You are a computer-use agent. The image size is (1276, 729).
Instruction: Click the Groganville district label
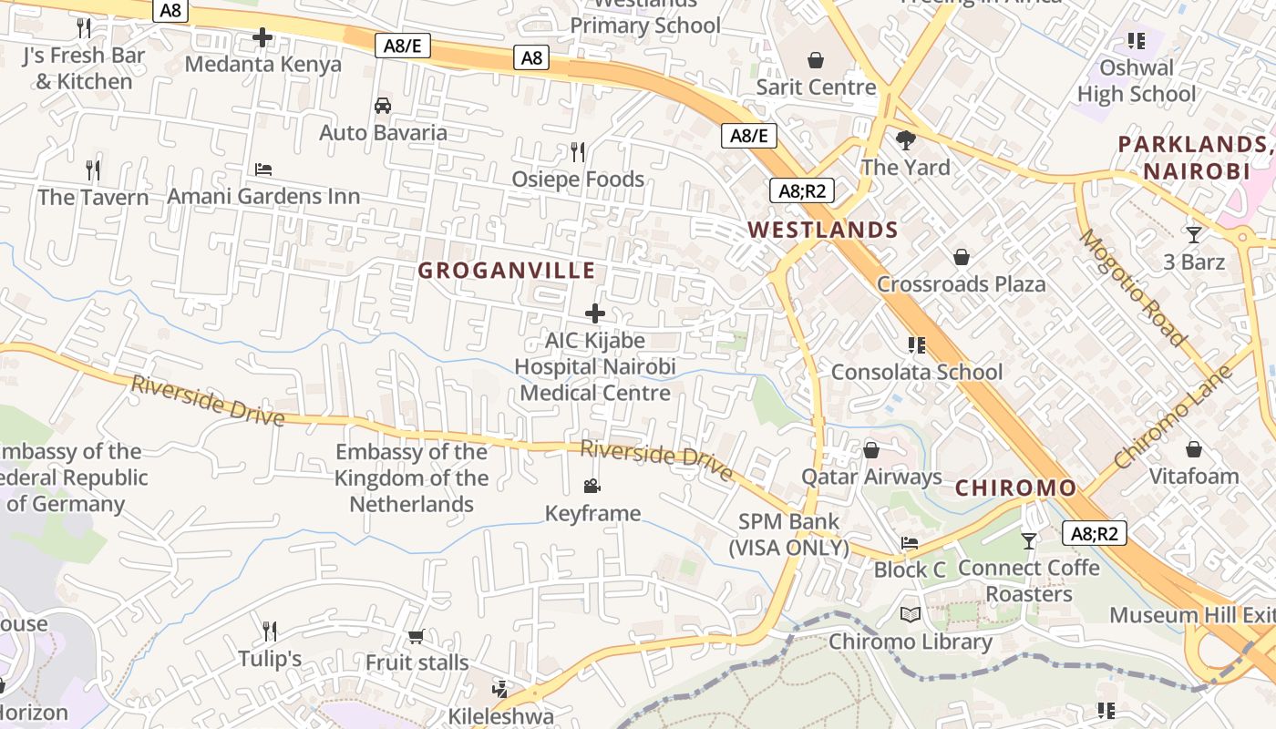click(506, 271)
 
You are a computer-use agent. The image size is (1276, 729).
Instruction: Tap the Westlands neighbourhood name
click(823, 230)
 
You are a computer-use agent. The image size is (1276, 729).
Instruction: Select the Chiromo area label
click(1015, 488)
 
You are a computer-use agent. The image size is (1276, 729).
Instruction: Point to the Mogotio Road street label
click(1133, 287)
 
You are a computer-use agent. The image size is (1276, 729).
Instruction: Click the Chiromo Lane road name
click(1172, 417)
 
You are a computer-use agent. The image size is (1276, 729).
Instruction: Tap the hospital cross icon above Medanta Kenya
click(262, 37)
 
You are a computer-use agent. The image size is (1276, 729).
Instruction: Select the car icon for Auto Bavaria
click(383, 106)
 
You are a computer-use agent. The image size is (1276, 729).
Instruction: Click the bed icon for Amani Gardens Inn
click(263, 169)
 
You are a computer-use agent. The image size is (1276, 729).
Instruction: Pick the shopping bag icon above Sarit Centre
click(816, 60)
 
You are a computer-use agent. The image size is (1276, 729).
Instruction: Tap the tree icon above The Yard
click(905, 140)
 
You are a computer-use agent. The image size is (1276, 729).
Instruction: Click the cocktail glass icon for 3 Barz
click(1194, 235)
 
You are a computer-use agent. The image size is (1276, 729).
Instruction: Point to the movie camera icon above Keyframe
click(592, 487)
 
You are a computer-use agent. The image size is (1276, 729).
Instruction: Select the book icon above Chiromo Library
click(910, 614)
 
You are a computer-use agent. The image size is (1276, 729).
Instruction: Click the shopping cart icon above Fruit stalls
click(417, 636)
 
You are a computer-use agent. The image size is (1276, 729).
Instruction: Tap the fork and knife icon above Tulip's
click(270, 631)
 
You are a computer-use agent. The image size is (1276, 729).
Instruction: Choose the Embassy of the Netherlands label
click(411, 477)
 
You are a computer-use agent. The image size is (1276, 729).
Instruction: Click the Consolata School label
click(916, 372)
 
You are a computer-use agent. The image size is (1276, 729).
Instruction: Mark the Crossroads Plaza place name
click(961, 284)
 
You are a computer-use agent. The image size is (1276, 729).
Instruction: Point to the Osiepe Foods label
click(578, 180)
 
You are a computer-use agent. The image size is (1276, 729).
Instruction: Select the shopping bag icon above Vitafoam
click(1193, 449)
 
